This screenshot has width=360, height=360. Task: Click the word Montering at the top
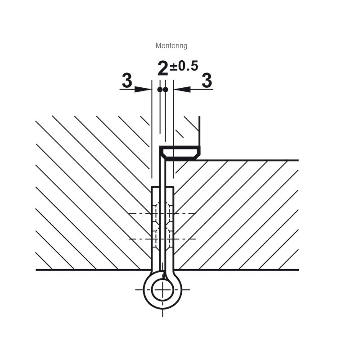click(171, 46)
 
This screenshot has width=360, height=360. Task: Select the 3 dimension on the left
click(127, 81)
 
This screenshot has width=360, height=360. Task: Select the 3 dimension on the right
click(207, 81)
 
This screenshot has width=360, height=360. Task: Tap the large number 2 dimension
click(163, 68)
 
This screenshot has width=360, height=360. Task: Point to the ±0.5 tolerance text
click(184, 66)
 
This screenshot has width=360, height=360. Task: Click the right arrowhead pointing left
click(182, 89)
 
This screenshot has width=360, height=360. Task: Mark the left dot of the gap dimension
click(160, 90)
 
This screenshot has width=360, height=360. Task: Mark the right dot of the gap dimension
click(165, 90)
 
